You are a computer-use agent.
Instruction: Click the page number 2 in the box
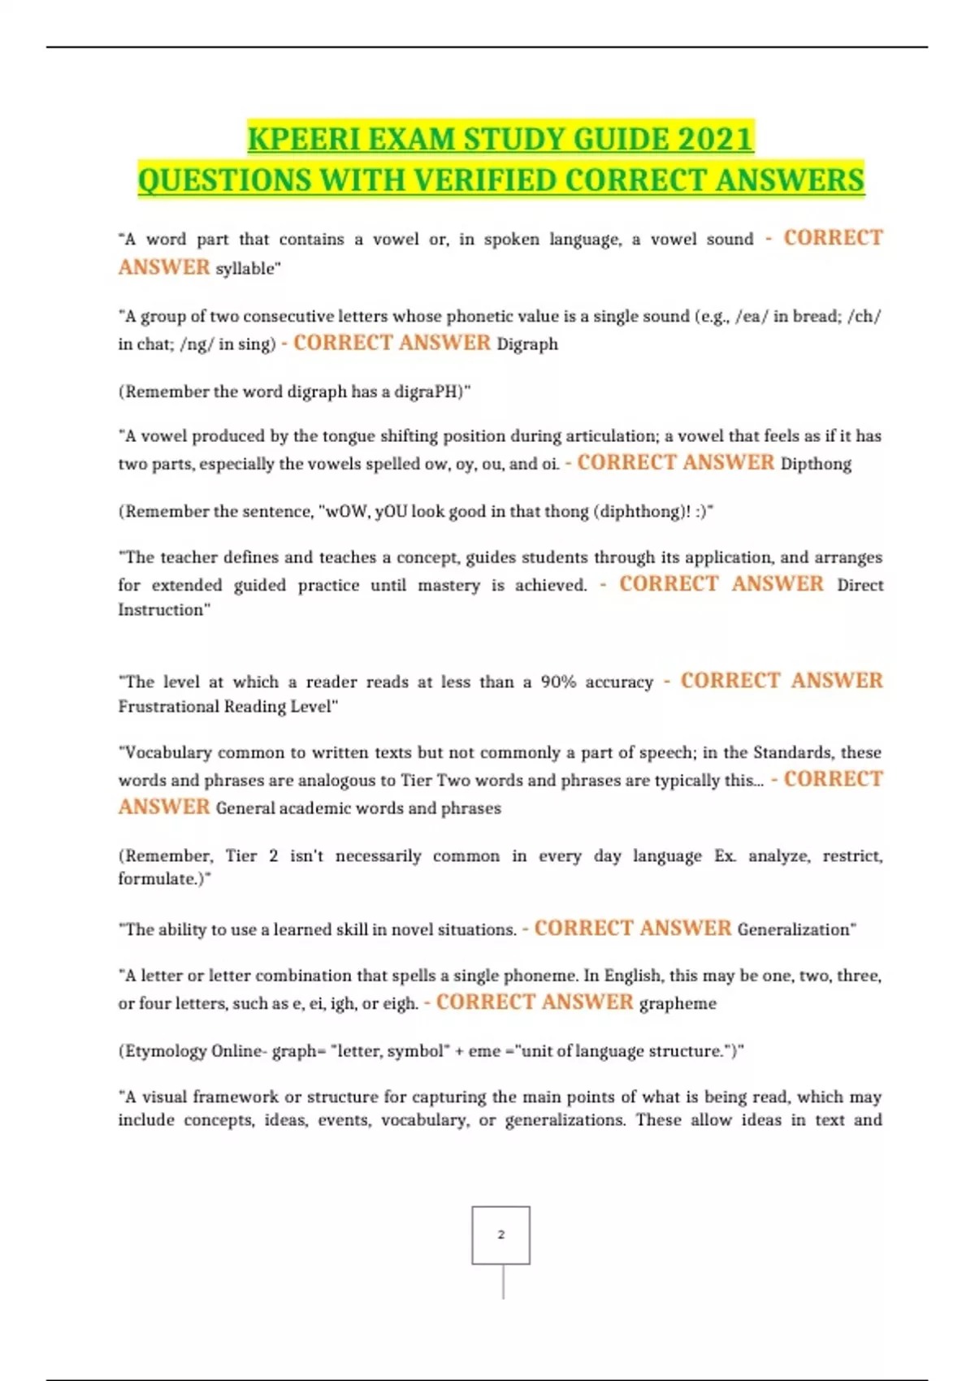pyautogui.click(x=500, y=1235)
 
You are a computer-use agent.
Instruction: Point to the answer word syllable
pyautogui.click(x=246, y=269)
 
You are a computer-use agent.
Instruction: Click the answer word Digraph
pyautogui.click(x=527, y=344)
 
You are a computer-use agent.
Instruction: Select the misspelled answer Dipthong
pyautogui.click(x=816, y=464)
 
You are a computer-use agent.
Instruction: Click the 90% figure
pyautogui.click(x=558, y=682)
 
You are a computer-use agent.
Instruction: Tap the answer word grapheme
pyautogui.click(x=678, y=1004)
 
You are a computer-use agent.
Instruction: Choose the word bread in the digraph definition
pyautogui.click(x=816, y=317)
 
